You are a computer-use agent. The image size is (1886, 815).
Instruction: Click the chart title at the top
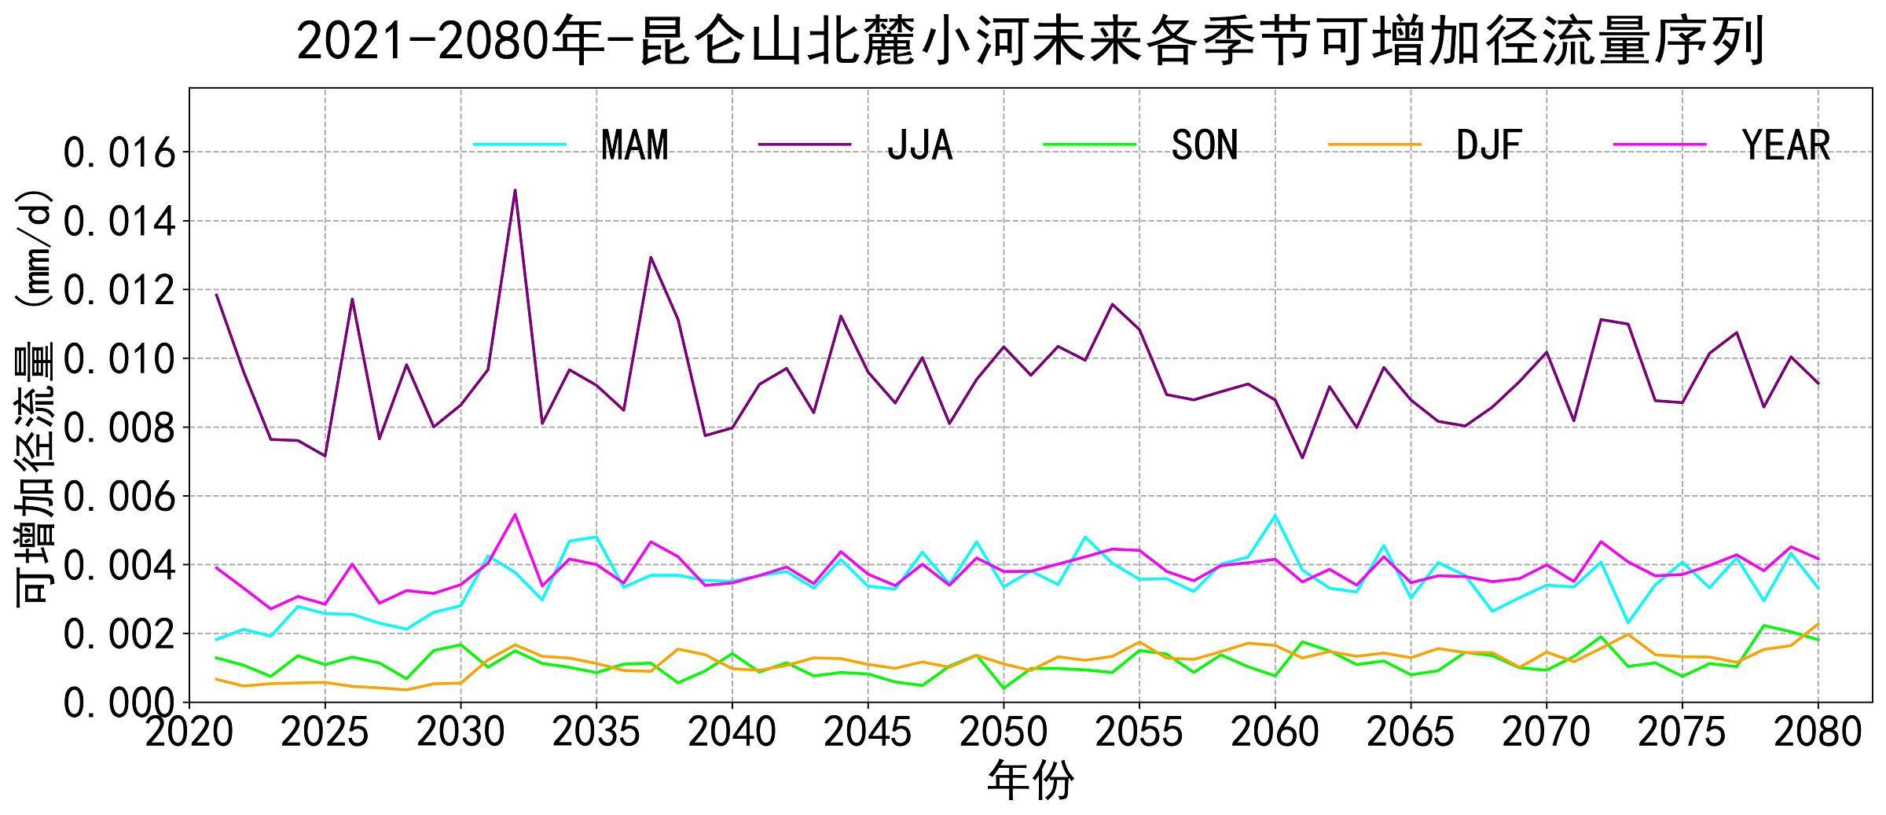click(x=1030, y=41)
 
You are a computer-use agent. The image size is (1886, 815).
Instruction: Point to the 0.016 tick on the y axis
click(x=119, y=153)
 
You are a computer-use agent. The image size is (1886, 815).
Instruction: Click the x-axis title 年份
click(x=1030, y=781)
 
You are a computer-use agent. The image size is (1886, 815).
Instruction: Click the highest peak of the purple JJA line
click(x=515, y=190)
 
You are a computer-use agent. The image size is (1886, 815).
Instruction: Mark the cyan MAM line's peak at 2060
click(x=1275, y=515)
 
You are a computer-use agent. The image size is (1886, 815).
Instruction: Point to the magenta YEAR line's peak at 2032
click(x=515, y=515)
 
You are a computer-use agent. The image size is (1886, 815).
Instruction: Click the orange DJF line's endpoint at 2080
click(x=1818, y=624)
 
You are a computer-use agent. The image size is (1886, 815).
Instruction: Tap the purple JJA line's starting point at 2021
click(x=216, y=295)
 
